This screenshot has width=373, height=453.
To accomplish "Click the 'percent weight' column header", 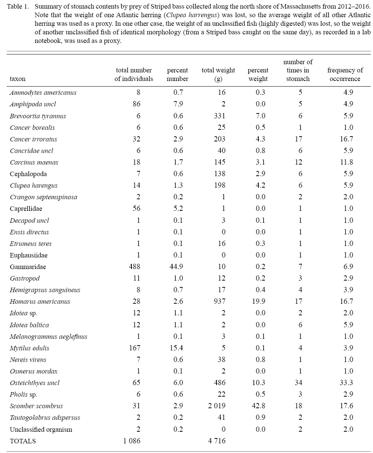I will (x=258, y=74).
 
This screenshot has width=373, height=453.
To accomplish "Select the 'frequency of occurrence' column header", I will (x=345, y=74).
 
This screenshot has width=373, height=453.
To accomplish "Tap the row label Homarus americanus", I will (x=40, y=302).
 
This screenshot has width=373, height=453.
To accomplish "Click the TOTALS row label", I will (x=23, y=441).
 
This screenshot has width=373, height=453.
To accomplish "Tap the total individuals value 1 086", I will (x=131, y=441).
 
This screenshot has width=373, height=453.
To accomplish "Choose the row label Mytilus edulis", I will (x=29, y=348).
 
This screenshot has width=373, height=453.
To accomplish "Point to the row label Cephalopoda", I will (x=28, y=174).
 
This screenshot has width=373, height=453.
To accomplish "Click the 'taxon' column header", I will (x=18, y=79).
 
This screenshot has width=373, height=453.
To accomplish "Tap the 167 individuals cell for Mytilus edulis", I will (x=134, y=348).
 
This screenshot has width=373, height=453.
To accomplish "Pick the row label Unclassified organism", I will (x=41, y=429).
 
